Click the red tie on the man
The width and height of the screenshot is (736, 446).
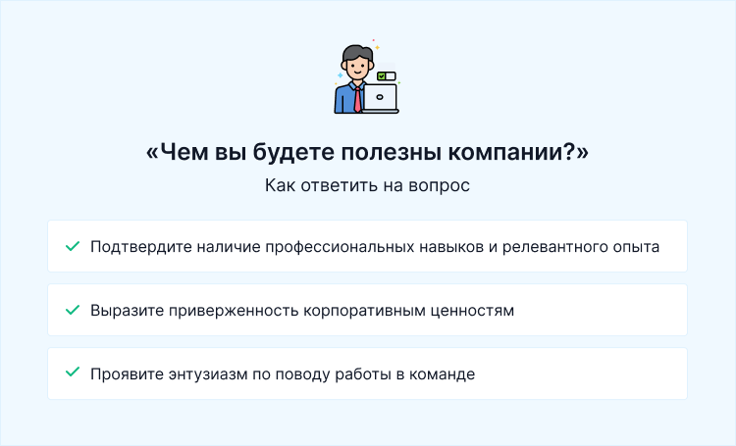click(x=358, y=97)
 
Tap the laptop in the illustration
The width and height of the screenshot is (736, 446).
click(x=380, y=98)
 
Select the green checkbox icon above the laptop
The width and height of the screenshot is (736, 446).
click(x=382, y=75)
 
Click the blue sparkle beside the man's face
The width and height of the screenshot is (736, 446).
click(x=340, y=74)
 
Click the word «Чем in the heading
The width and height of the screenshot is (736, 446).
click(x=175, y=153)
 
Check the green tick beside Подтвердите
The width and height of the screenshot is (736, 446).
click(x=72, y=246)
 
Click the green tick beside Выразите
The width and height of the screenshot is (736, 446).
click(x=72, y=310)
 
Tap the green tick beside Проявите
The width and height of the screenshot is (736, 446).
click(x=72, y=373)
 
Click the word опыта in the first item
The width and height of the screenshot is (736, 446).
click(x=635, y=246)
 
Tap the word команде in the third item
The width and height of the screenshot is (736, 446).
click(x=441, y=373)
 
